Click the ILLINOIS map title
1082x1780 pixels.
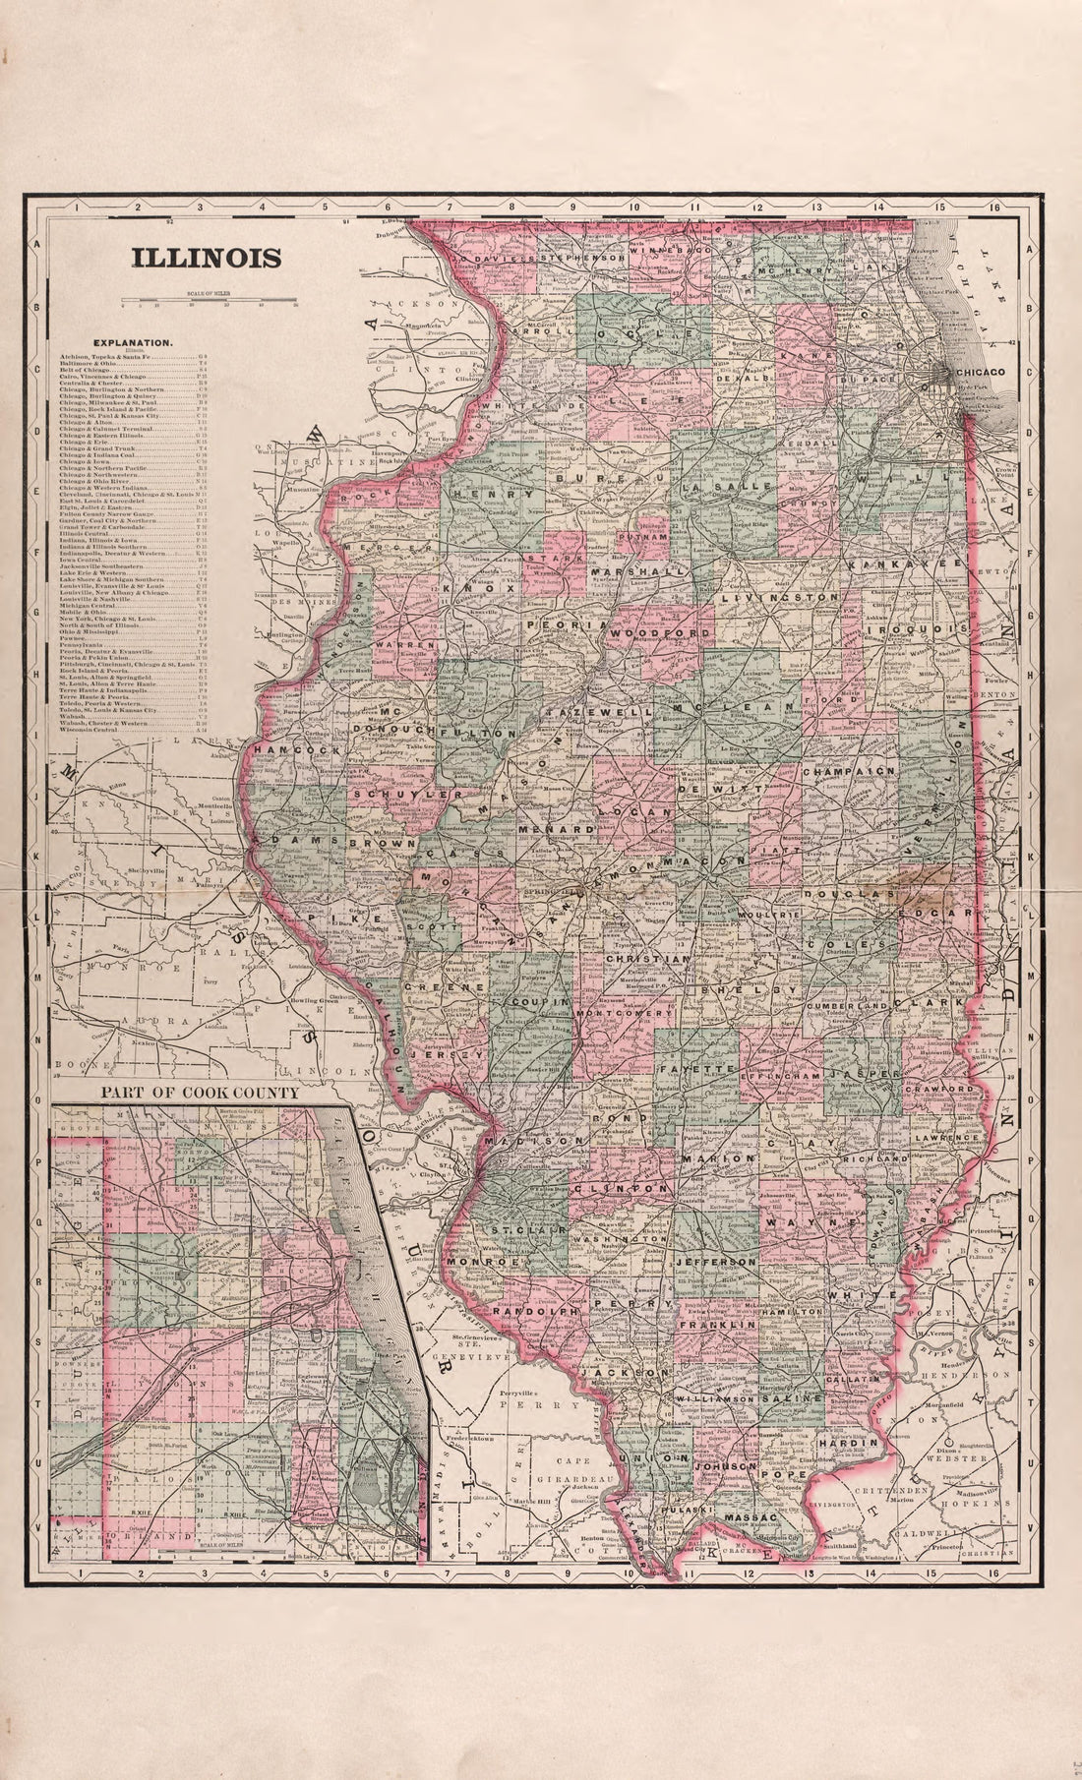[x=207, y=259]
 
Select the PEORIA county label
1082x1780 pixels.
[x=554, y=624]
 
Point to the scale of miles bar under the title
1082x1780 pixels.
[x=208, y=300]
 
